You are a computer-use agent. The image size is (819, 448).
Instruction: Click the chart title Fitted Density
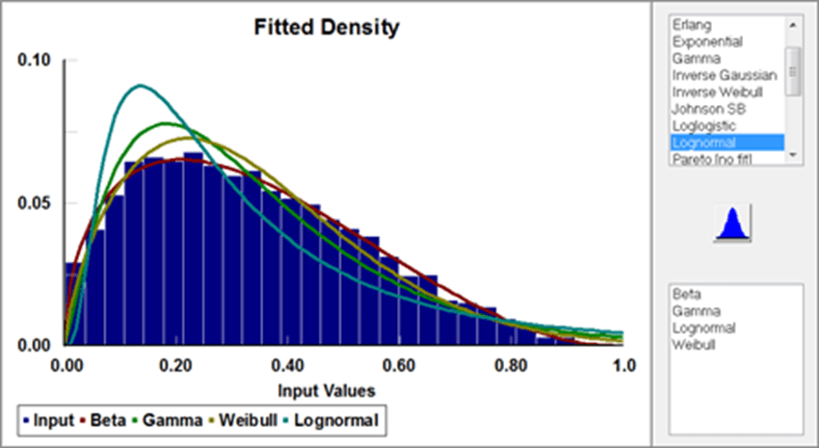327,27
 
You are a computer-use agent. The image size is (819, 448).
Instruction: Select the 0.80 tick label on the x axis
511,366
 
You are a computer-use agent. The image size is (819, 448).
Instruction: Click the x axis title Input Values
326,390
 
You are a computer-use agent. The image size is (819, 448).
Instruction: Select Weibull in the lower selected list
693,344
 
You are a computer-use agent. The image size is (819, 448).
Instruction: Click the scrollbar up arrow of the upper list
793,26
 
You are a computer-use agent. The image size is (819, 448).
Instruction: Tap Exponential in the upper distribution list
705,42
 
